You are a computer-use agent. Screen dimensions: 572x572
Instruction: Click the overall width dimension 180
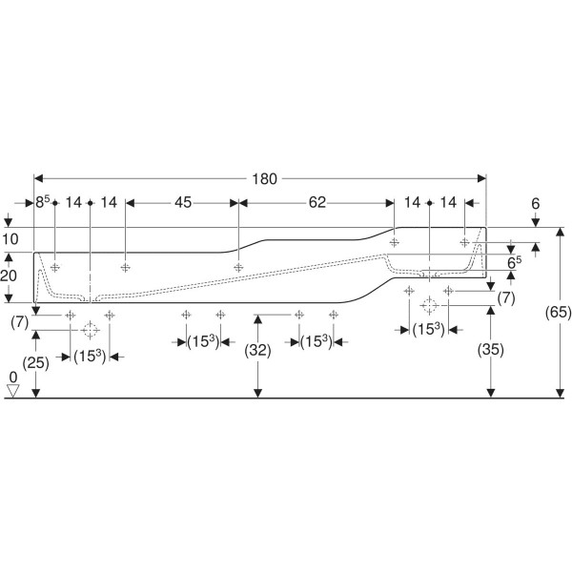[264, 179]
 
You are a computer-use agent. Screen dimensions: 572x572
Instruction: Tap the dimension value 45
[183, 202]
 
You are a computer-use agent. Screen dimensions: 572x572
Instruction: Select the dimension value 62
[317, 202]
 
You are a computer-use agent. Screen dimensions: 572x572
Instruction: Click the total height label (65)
[558, 313]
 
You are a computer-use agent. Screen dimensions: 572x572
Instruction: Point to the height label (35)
[491, 350]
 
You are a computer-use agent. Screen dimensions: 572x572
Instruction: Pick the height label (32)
[258, 351]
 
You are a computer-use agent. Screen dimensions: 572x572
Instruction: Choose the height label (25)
[36, 363]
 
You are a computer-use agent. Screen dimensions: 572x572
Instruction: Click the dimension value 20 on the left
[9, 276]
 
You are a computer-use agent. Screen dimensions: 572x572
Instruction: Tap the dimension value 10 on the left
[10, 239]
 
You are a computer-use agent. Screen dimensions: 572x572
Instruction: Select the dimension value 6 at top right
[535, 204]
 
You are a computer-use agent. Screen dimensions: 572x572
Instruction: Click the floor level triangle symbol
[13, 391]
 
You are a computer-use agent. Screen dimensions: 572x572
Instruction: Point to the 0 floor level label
[13, 377]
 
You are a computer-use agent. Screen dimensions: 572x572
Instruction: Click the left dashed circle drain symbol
[90, 330]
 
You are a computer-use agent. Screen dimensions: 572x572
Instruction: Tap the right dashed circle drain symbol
[429, 305]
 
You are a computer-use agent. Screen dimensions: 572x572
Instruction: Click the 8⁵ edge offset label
[42, 202]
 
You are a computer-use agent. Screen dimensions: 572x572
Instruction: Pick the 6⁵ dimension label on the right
[515, 262]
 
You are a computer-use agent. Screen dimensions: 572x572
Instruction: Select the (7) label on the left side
[20, 323]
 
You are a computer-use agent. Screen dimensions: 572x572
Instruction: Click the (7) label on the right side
[506, 298]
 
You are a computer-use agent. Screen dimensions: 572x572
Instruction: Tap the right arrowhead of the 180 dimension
[481, 178]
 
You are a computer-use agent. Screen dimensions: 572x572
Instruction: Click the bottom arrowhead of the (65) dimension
[560, 393]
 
